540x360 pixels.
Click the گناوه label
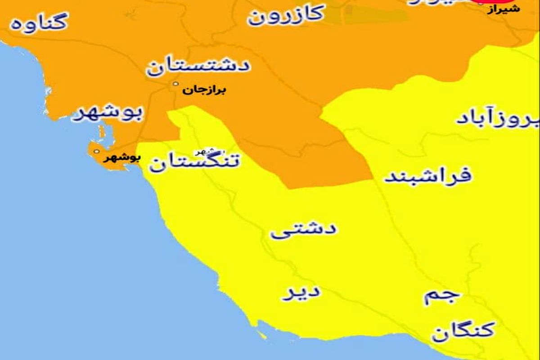tap(40, 22)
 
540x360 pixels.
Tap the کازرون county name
tap(286, 14)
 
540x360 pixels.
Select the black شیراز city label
tap(504, 9)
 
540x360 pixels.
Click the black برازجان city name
tap(204, 90)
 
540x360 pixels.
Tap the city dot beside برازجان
tap(176, 84)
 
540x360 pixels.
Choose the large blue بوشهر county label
tap(108, 114)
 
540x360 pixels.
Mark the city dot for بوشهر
tap(96, 152)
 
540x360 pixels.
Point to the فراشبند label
tap(427, 175)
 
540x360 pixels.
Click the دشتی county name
tap(303, 230)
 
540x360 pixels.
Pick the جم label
tap(441, 296)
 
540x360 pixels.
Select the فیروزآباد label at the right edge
tap(497, 118)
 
